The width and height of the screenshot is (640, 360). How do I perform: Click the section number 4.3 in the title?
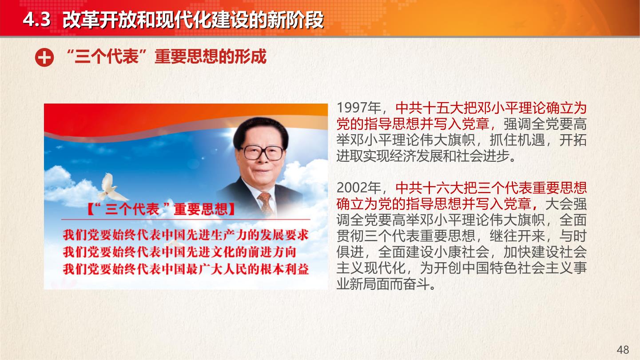pyautogui.click(x=36, y=20)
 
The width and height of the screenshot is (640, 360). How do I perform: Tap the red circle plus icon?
pyautogui.click(x=44, y=57)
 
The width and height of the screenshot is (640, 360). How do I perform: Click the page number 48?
pyautogui.click(x=623, y=350)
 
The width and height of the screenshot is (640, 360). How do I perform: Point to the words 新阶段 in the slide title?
pyautogui.click(x=295, y=20)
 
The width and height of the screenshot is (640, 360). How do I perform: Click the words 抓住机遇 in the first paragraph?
pyautogui.click(x=517, y=140)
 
